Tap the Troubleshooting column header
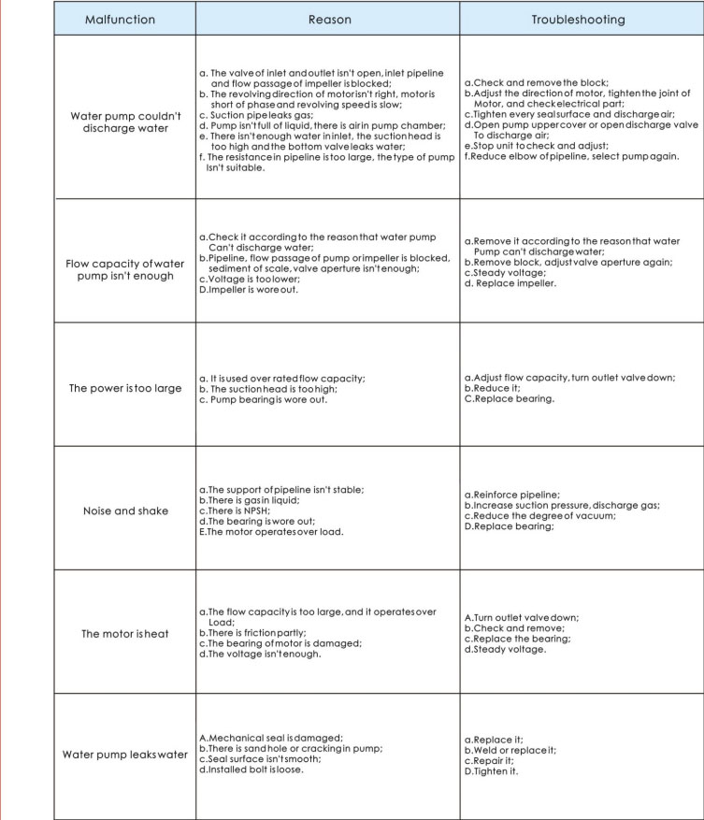(580, 19)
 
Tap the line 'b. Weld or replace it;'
(510, 750)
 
